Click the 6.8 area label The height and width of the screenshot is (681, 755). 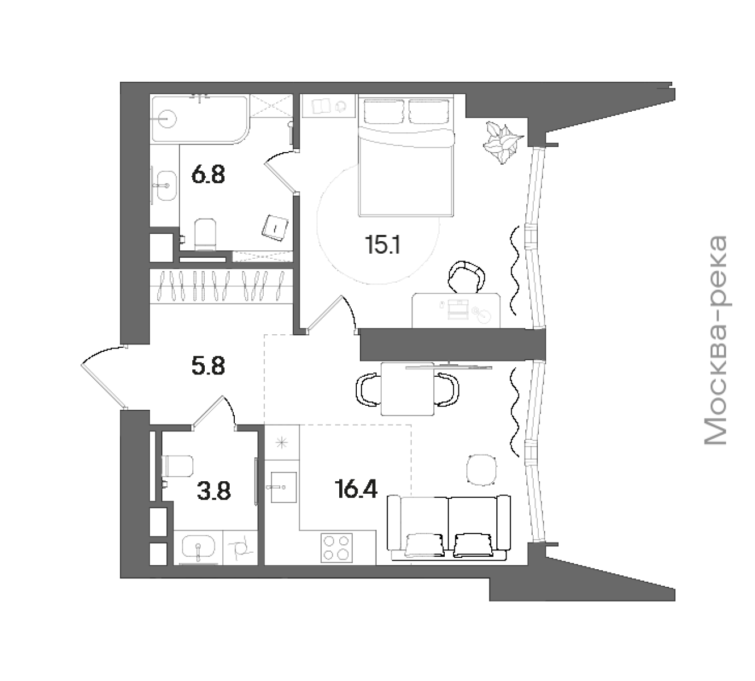(208, 175)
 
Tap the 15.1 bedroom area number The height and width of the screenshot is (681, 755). (382, 244)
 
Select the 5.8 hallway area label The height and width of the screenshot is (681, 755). (208, 366)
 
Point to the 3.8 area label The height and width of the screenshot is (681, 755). (214, 491)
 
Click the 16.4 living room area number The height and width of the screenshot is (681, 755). (356, 490)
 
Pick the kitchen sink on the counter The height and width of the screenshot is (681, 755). (283, 487)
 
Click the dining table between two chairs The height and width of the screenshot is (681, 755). (408, 389)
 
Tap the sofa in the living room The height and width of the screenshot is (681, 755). (449, 527)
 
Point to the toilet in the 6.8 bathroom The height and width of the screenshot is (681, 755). (205, 234)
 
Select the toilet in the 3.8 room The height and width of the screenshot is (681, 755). (177, 466)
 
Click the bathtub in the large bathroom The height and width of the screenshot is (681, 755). (200, 120)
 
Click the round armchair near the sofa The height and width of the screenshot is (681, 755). (481, 469)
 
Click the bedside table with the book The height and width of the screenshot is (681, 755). (329, 106)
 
